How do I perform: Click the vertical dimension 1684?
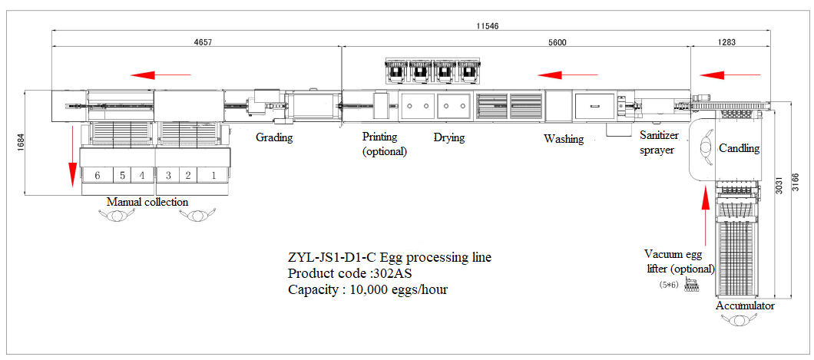(x=20, y=144)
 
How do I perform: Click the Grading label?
(x=274, y=138)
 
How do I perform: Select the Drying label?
(x=449, y=138)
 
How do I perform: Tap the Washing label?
(x=564, y=139)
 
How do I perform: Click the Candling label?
(x=740, y=148)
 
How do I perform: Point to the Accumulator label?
(x=745, y=306)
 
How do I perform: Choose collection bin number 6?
(x=98, y=175)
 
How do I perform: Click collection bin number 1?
(x=213, y=175)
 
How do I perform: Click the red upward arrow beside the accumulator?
(x=705, y=214)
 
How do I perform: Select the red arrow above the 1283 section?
(x=730, y=76)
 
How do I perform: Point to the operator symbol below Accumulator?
(x=738, y=320)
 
